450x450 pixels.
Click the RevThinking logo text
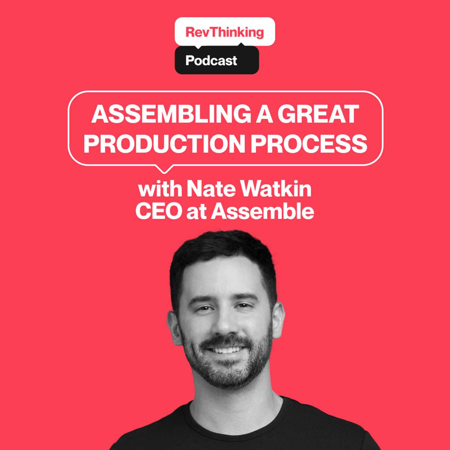(225, 32)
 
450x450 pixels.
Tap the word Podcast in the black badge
(211, 60)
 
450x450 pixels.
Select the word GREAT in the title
(318, 114)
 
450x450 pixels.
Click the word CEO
(159, 211)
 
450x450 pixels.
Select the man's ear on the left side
(174, 327)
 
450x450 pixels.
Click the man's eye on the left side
(204, 309)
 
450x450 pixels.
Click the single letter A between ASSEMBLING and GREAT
(264, 114)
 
